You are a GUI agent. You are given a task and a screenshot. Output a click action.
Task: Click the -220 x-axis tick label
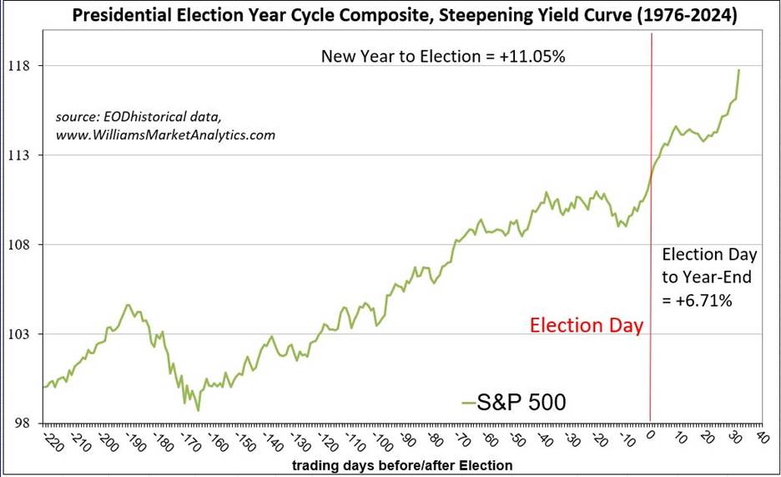(48, 439)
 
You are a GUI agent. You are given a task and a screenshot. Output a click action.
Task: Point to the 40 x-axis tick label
(759, 436)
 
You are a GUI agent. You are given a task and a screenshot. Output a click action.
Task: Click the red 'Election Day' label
(587, 325)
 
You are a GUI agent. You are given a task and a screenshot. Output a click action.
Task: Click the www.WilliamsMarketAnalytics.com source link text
(165, 134)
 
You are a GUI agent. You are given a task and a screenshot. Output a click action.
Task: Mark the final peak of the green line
(738, 70)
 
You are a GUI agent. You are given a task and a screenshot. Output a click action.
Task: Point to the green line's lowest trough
(198, 410)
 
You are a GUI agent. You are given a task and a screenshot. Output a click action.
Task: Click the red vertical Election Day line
(651, 251)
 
